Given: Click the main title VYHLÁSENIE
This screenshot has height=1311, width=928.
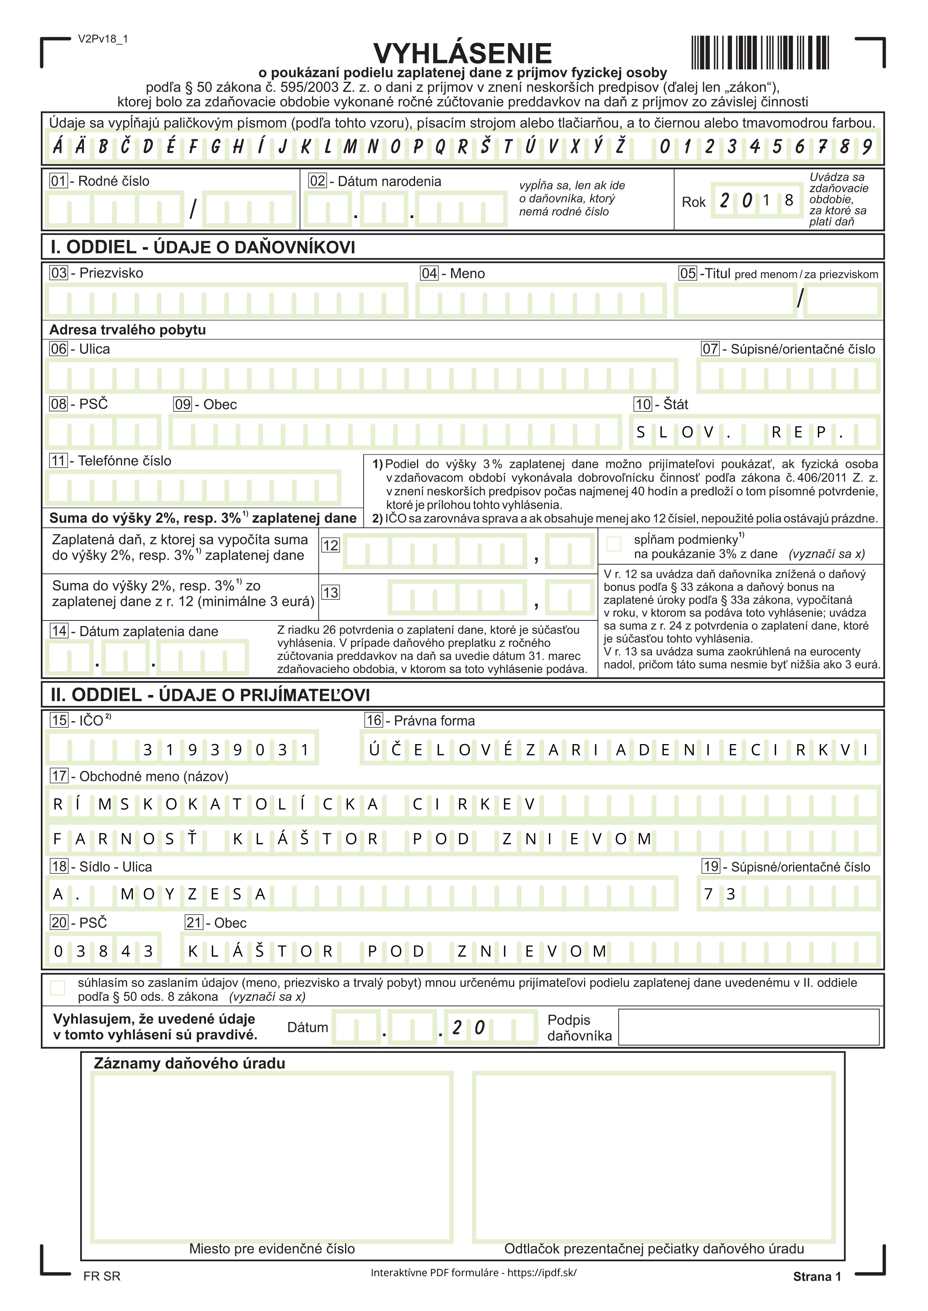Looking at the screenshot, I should [x=462, y=53].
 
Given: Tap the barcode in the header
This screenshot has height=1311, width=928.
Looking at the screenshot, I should [x=760, y=52].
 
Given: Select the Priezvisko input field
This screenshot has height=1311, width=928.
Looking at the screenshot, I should [x=226, y=301].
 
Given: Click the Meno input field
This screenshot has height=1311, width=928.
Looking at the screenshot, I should [x=541, y=301].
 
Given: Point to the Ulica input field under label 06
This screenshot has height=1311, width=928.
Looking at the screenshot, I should [x=361, y=376].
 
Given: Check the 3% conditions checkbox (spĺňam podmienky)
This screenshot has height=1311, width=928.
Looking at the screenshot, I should [x=614, y=544].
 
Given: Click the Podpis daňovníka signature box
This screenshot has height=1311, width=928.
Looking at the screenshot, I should [x=748, y=1027].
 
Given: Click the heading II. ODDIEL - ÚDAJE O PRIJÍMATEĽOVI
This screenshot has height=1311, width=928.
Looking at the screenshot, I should [x=210, y=695].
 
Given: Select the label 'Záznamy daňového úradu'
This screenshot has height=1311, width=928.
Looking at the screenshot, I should [x=189, y=1064].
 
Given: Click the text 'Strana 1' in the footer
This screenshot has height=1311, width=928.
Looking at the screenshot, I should [x=817, y=1276].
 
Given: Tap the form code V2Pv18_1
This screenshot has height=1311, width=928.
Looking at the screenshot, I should [x=103, y=39].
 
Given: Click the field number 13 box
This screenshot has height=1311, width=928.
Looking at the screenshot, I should [x=330, y=593].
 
